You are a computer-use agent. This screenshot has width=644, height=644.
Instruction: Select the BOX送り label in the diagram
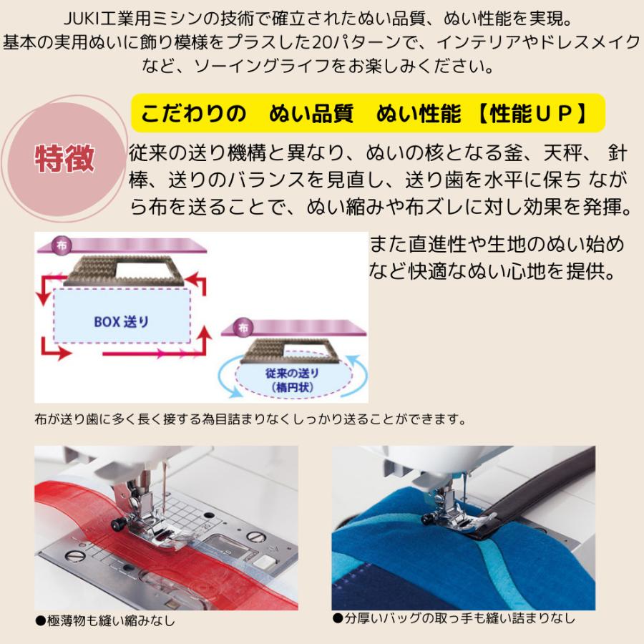click(121, 321)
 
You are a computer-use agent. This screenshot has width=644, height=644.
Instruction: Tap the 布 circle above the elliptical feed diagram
click(245, 328)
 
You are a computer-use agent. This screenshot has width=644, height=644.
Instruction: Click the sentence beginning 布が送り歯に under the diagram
click(250, 419)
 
